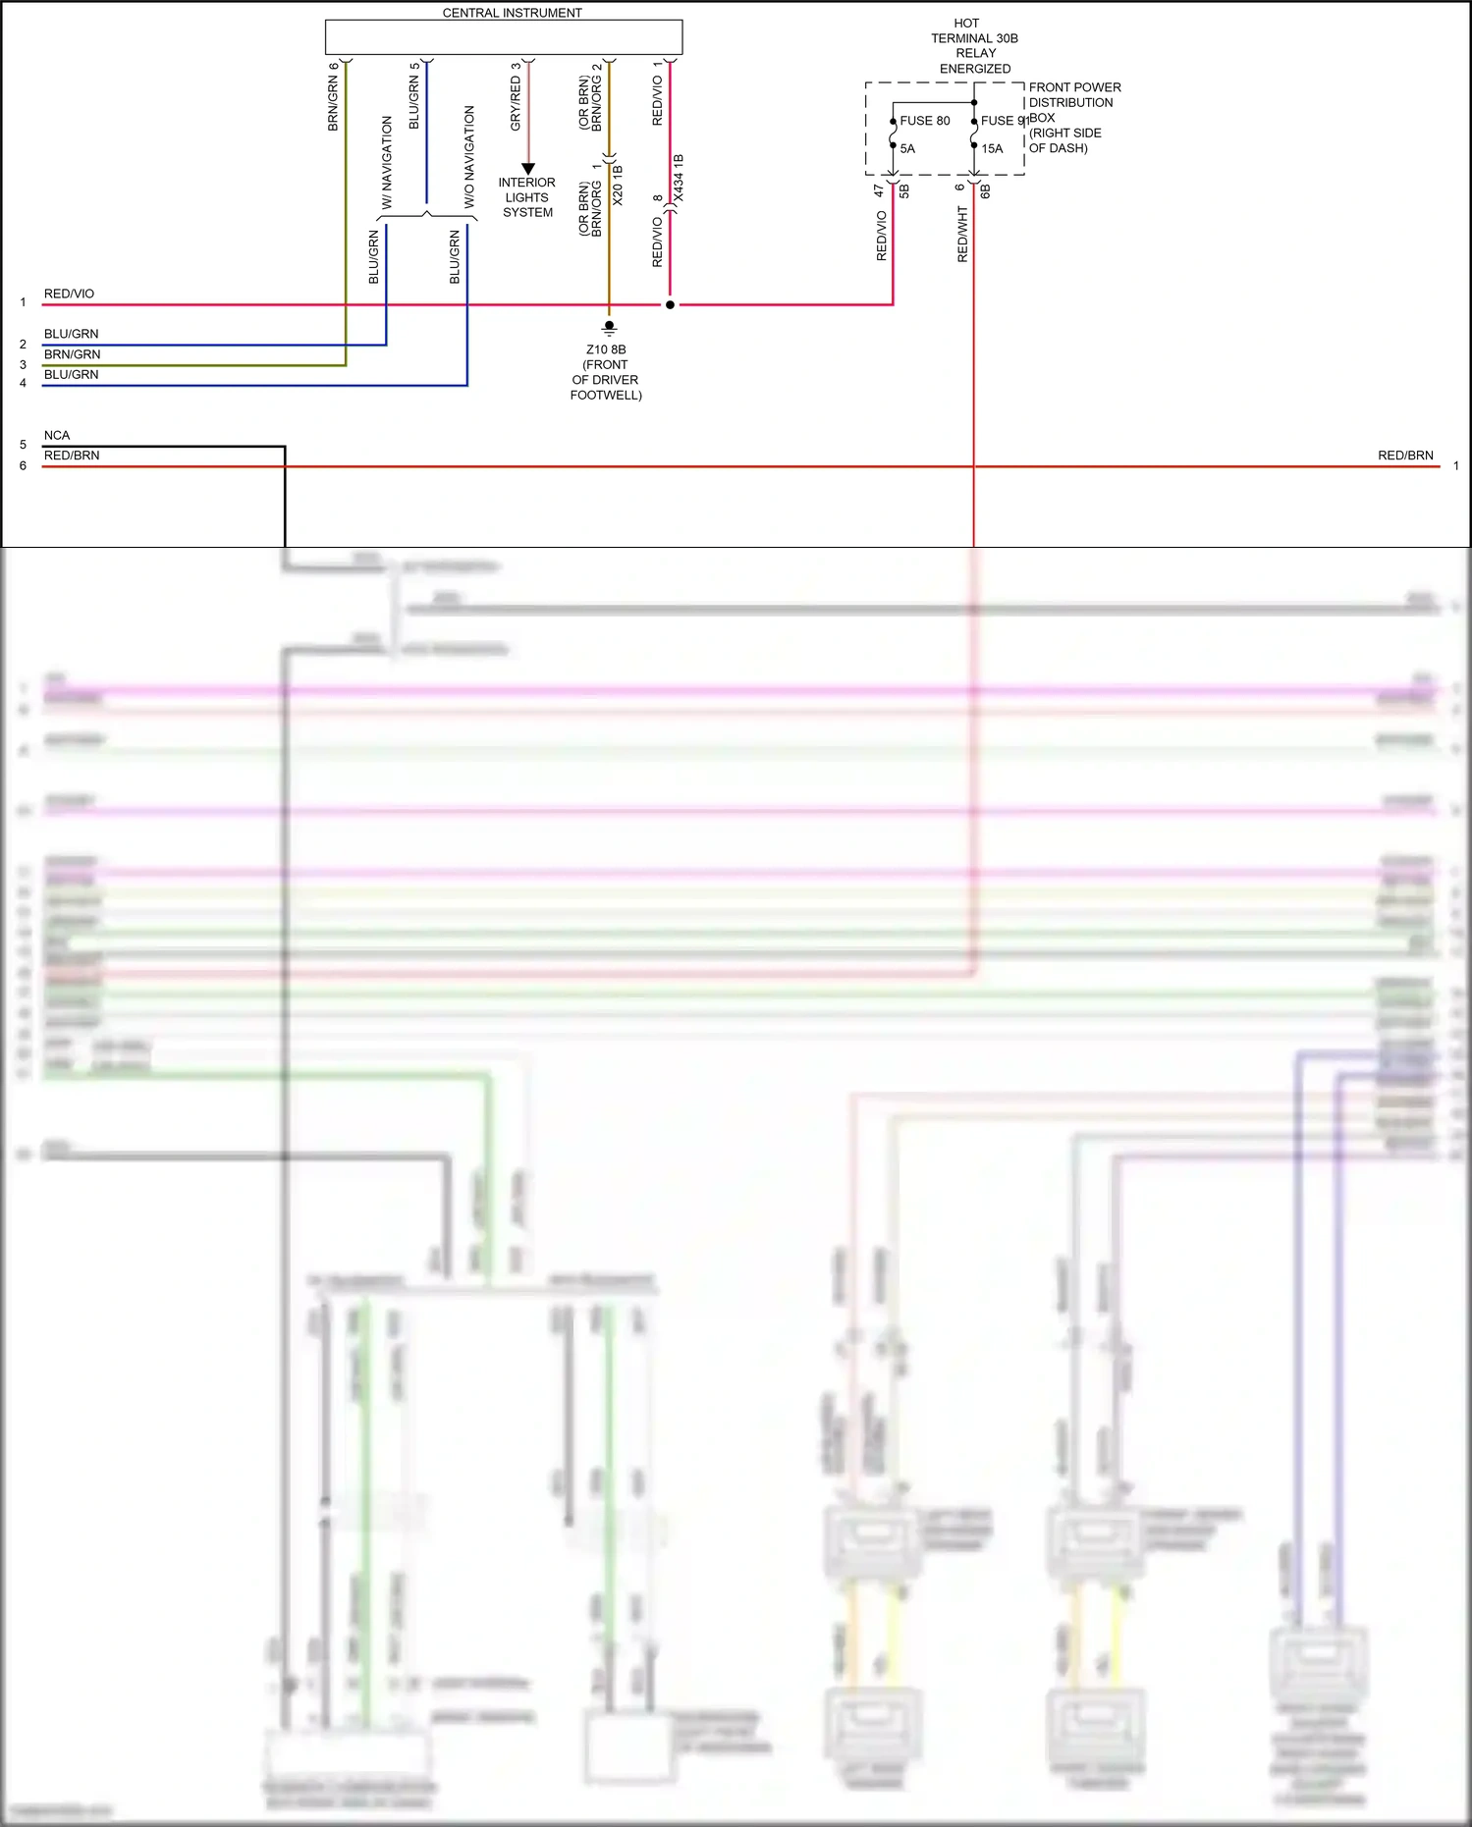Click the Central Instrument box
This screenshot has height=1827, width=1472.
503,37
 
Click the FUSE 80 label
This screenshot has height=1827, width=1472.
924,121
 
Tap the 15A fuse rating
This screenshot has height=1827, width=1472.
992,149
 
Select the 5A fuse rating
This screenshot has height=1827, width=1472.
907,149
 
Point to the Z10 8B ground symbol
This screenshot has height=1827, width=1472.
609,326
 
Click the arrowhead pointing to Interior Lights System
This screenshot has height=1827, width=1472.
528,169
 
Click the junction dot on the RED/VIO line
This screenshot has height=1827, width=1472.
670,304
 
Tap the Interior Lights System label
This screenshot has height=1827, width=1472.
527,197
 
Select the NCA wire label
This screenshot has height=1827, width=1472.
57,435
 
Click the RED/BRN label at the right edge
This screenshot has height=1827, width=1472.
1404,456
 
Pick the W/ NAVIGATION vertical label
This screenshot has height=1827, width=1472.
387,162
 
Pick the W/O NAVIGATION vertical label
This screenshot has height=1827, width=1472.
468,157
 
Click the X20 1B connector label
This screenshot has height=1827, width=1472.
618,185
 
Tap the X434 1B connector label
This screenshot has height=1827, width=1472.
679,178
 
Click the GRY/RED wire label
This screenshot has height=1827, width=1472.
516,103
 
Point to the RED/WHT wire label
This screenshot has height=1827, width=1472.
962,234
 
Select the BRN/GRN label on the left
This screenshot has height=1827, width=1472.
72,354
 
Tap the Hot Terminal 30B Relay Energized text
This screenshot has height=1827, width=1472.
973,45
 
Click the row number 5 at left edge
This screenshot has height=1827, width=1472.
23,445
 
